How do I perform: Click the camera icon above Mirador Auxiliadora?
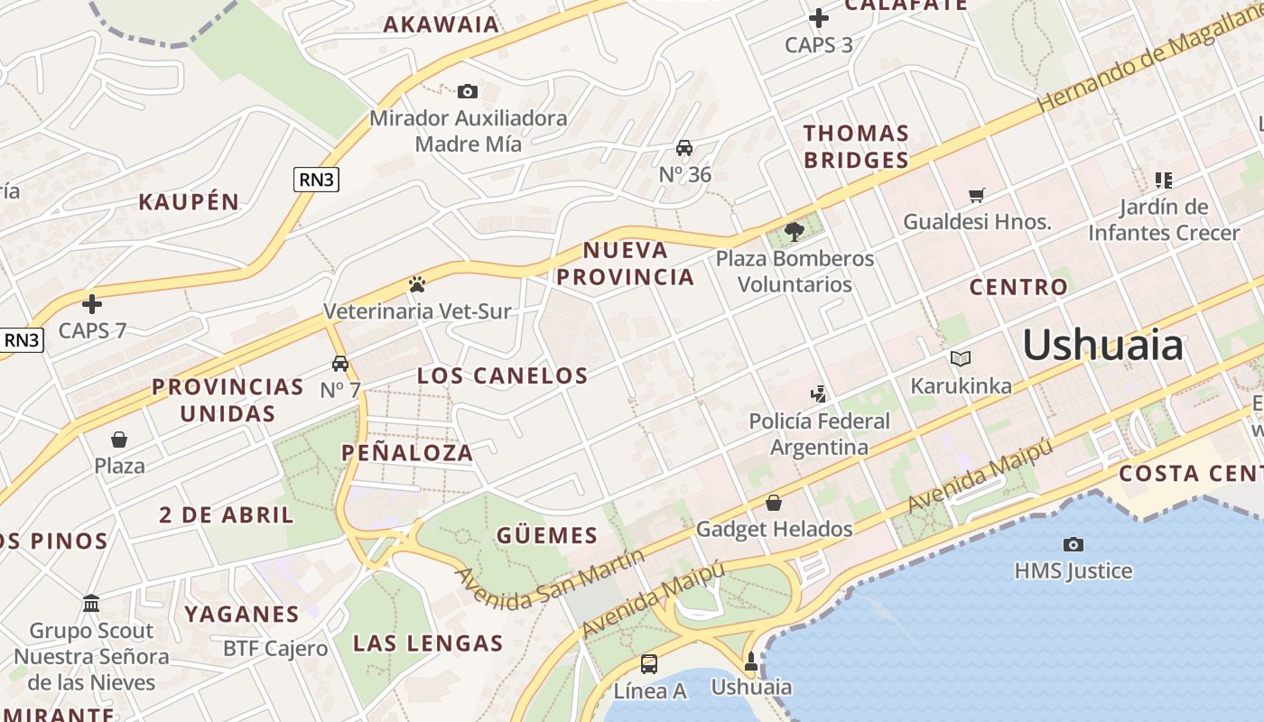[468, 91]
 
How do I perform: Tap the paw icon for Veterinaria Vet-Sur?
[416, 285]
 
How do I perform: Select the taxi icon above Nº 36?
[684, 148]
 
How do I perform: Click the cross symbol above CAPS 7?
[92, 304]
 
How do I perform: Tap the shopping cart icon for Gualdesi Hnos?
[976, 195]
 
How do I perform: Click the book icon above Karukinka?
[961, 359]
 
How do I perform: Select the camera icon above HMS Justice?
[1073, 544]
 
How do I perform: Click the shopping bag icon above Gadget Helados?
[774, 503]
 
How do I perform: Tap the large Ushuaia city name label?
[1102, 346]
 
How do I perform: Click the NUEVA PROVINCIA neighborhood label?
[626, 264]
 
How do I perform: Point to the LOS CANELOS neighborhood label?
[502, 375]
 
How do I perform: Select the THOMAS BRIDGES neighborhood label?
[856, 147]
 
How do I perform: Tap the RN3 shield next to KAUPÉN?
[316, 180]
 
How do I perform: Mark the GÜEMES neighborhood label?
[547, 535]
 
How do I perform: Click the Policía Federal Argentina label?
[820, 434]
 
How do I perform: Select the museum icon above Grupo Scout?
[91, 603]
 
